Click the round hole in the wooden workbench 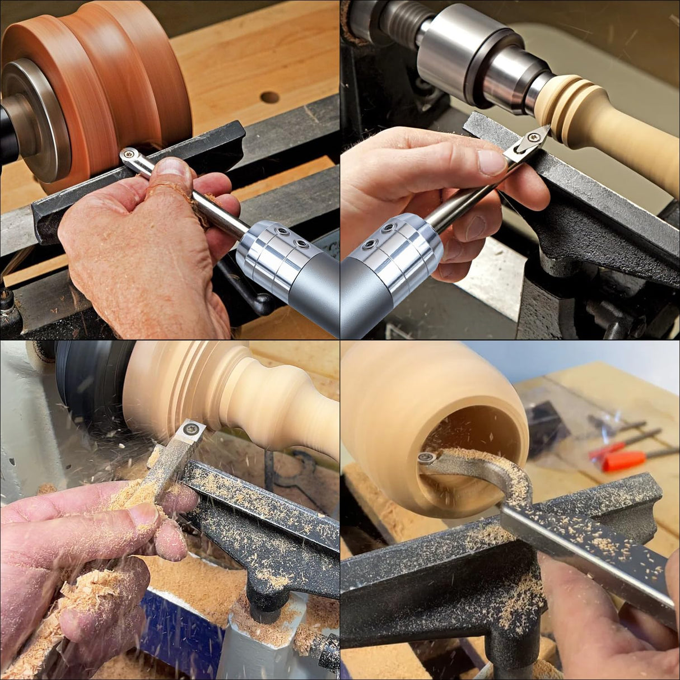coord(269,97)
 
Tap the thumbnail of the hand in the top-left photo coord(175,167)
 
